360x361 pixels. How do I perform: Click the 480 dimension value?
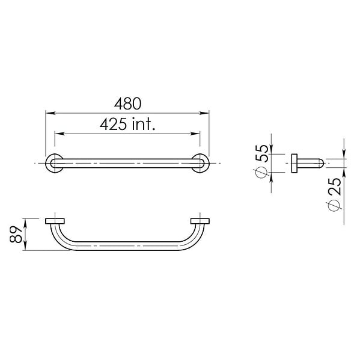[x=127, y=104]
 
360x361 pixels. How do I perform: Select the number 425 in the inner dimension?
[x=113, y=124]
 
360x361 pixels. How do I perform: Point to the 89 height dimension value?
[x=16, y=234]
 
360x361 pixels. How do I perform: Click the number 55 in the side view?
[x=262, y=153]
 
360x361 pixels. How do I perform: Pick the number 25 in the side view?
[x=334, y=187]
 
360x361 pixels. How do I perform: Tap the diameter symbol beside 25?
[x=334, y=205]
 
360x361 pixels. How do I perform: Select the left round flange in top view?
[x=55, y=163]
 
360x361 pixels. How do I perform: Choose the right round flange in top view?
[x=200, y=163]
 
